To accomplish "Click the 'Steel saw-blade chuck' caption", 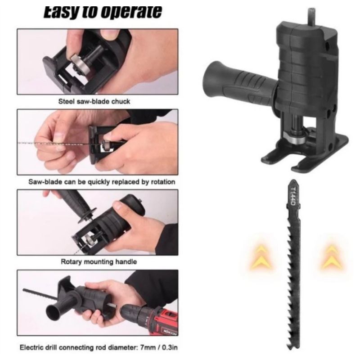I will click(x=94, y=102).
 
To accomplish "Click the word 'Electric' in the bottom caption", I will click(x=33, y=347).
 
